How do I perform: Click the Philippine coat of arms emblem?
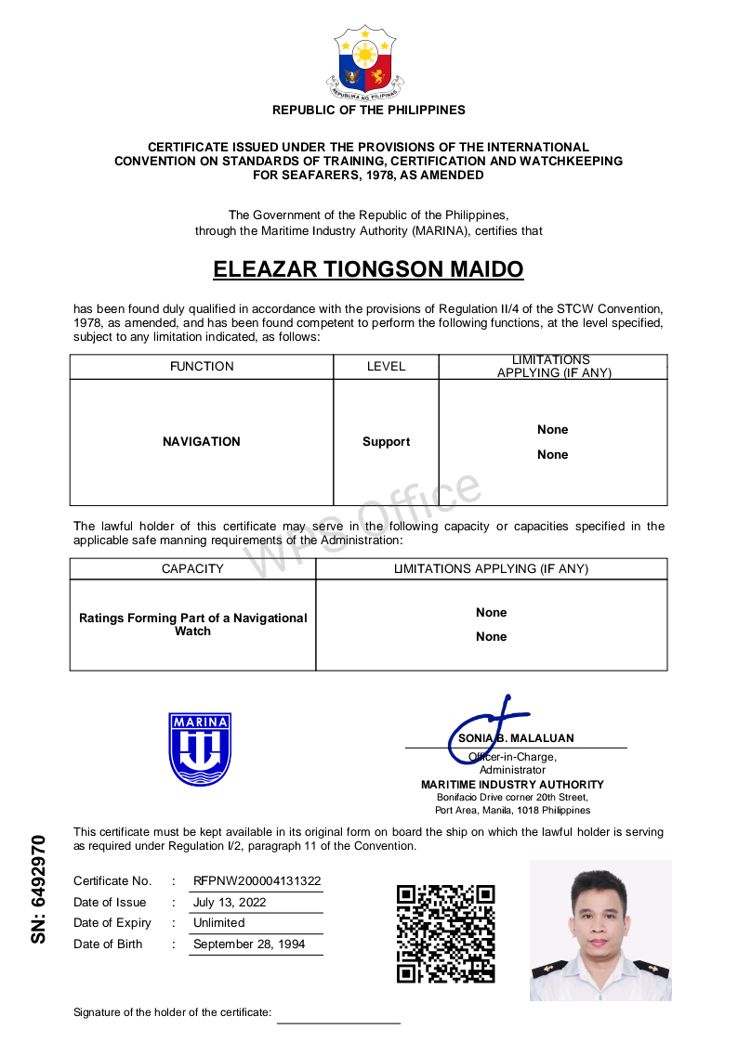[x=368, y=62]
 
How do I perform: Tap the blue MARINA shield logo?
[x=200, y=749]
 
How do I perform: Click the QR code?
[x=446, y=933]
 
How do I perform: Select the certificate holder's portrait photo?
[x=600, y=930]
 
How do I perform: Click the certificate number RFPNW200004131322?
[x=257, y=880]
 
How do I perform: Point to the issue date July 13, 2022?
[x=230, y=902]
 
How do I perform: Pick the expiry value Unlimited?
[x=219, y=922]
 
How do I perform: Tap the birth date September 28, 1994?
[x=249, y=944]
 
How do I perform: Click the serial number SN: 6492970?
[x=38, y=890]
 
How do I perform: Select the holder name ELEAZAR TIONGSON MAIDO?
[x=368, y=269]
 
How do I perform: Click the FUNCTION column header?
[x=202, y=366]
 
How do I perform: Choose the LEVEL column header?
[x=386, y=366]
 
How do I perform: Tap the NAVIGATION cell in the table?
[x=202, y=442]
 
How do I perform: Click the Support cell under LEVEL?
[x=386, y=442]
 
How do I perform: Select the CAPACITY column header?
[x=192, y=568]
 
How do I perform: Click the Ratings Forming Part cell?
[x=192, y=624]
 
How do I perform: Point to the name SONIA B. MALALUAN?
[x=516, y=738]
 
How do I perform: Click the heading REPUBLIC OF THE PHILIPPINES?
[x=368, y=110]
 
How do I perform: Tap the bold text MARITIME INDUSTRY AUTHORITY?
[x=512, y=784]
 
